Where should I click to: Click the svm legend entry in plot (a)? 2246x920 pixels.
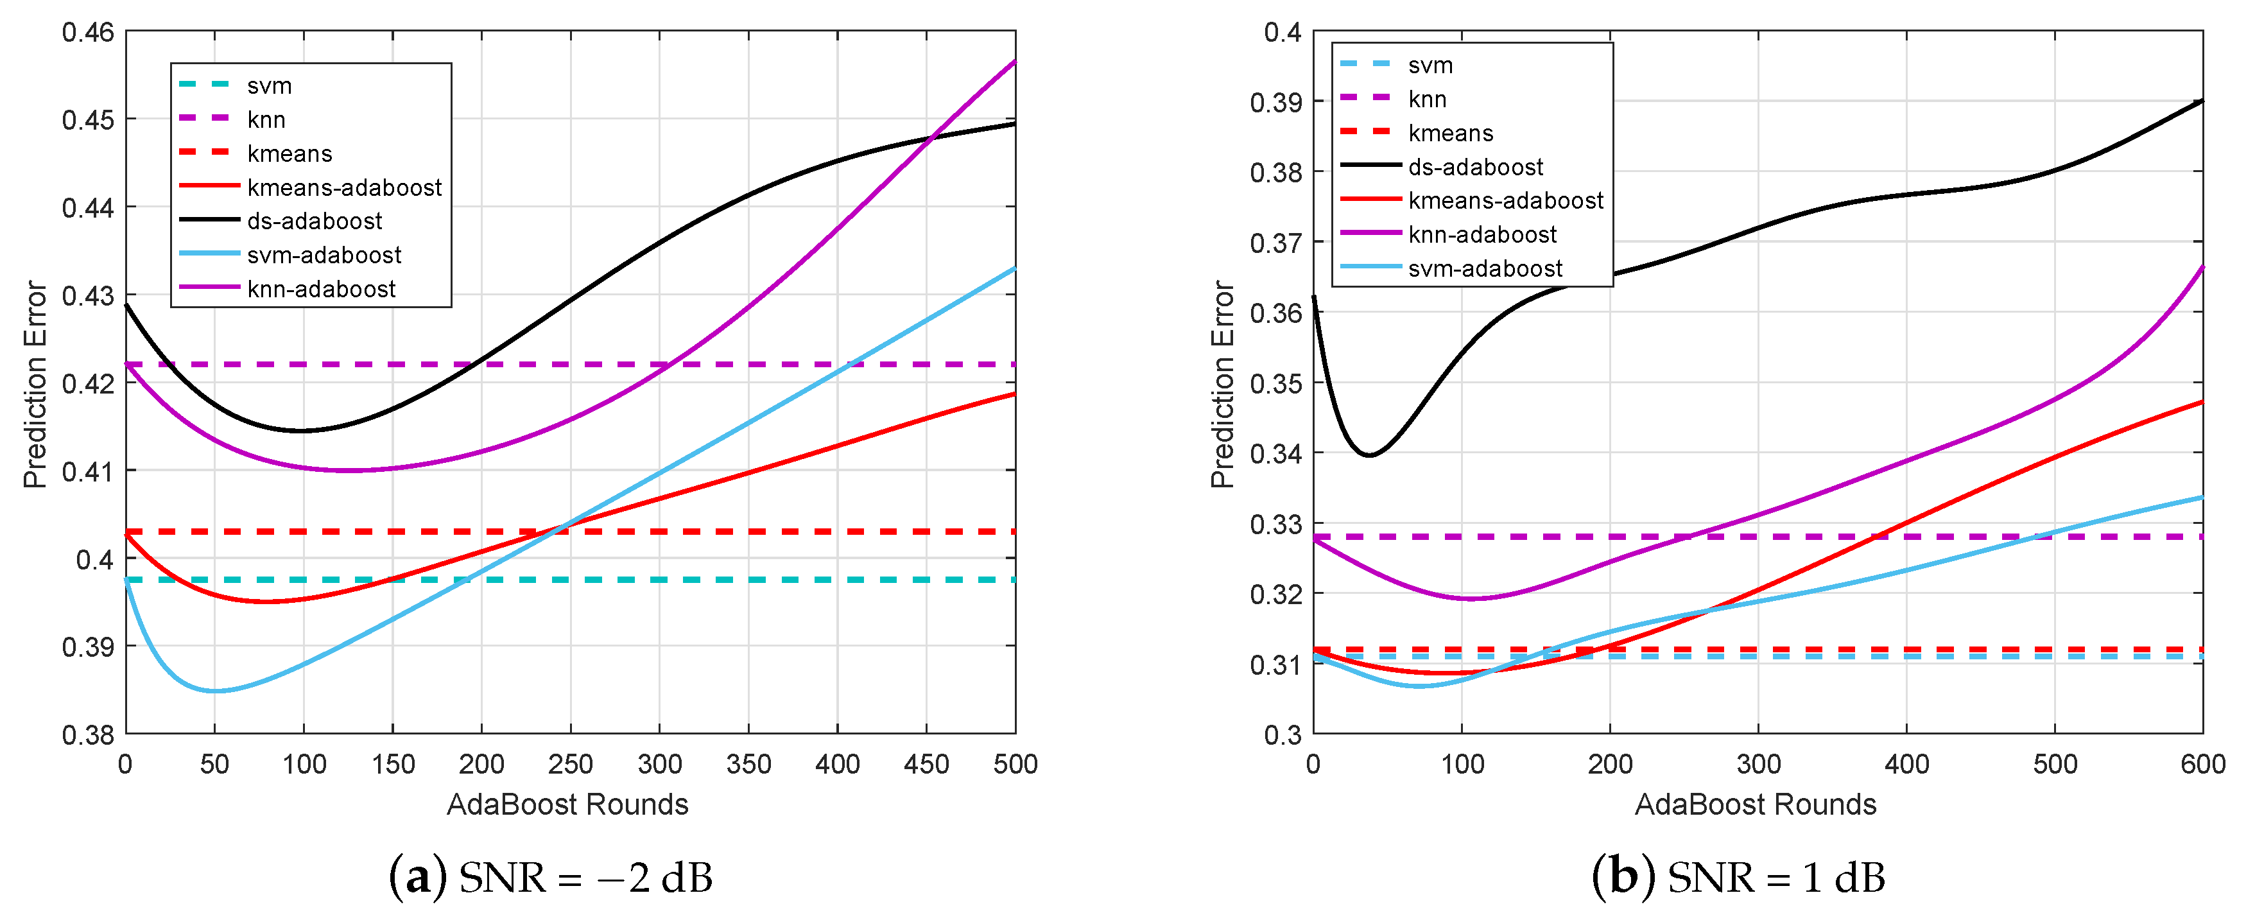(x=268, y=85)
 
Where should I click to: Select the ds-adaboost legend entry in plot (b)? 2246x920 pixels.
(x=1475, y=166)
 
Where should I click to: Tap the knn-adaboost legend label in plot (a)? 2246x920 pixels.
(x=321, y=289)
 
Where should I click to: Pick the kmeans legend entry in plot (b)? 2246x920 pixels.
(x=1450, y=132)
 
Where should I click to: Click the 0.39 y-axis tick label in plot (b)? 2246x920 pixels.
(x=1275, y=102)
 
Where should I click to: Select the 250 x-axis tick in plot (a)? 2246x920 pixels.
(x=570, y=764)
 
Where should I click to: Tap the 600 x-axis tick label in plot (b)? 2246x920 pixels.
(x=2202, y=764)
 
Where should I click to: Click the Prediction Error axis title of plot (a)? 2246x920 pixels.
(x=35, y=384)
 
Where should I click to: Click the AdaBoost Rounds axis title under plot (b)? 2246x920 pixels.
(x=1755, y=804)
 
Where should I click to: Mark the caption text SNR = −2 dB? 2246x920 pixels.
(x=585, y=877)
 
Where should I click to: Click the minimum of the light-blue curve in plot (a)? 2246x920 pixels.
(x=214, y=691)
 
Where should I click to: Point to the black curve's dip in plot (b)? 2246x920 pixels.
(x=1369, y=455)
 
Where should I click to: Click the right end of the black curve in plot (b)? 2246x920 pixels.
(x=2200, y=102)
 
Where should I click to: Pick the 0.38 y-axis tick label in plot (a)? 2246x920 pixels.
(x=88, y=734)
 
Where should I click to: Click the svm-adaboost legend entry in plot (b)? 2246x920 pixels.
(x=1485, y=268)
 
